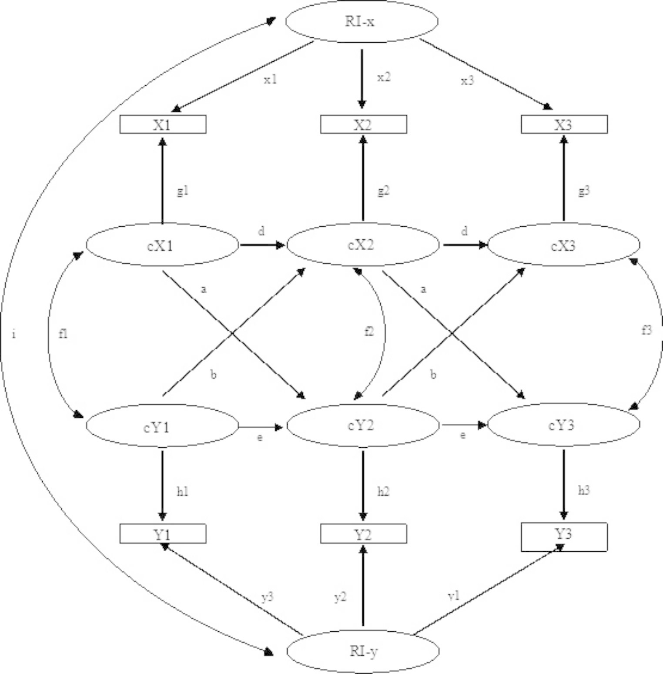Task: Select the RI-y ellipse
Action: tap(363, 651)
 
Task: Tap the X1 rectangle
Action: tap(163, 124)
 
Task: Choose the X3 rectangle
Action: tap(564, 124)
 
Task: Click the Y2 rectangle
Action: tap(363, 534)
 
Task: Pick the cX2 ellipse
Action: tap(363, 245)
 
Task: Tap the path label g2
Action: tap(383, 191)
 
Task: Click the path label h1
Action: tap(182, 492)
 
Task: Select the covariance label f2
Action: tap(369, 332)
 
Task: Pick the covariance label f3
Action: tap(646, 330)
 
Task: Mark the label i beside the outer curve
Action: tap(14, 334)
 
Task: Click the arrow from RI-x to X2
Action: tap(362, 78)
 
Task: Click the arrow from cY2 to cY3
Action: tap(463, 425)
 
